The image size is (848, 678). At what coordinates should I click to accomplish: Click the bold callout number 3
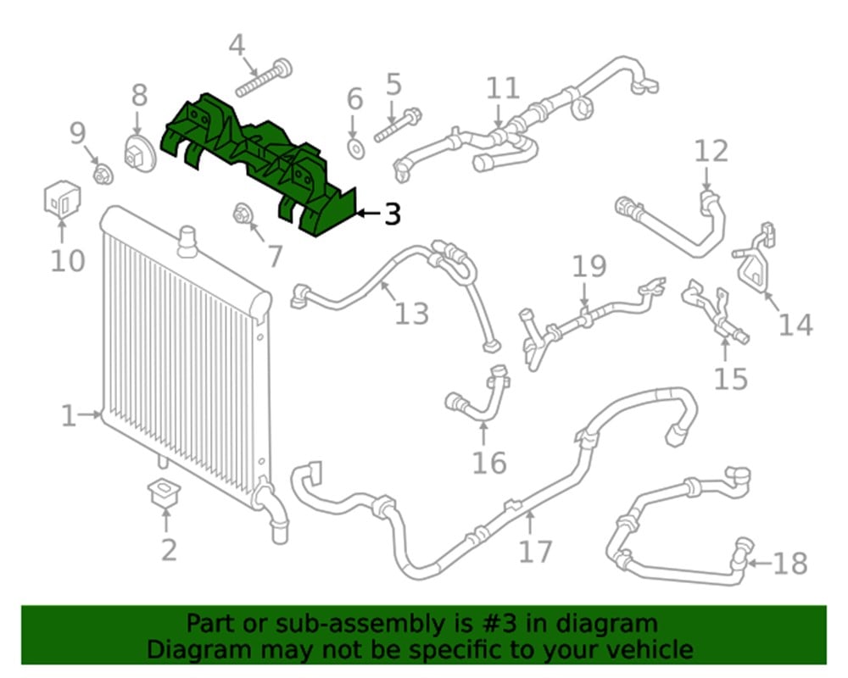coord(393,214)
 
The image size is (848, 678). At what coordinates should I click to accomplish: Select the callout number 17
coord(535,552)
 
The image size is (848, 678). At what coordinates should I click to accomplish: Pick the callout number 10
coord(68,260)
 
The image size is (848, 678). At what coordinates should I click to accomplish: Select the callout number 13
coord(411,314)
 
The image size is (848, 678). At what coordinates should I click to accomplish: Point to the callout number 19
coord(589,266)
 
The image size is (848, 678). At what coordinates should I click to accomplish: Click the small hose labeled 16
coord(478,393)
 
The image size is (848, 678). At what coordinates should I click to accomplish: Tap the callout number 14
coord(795,325)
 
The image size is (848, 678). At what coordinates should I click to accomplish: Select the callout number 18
coord(790,564)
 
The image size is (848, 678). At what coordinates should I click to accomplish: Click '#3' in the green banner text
coord(499,624)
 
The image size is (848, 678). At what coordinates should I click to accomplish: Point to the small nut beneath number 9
coord(103,174)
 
